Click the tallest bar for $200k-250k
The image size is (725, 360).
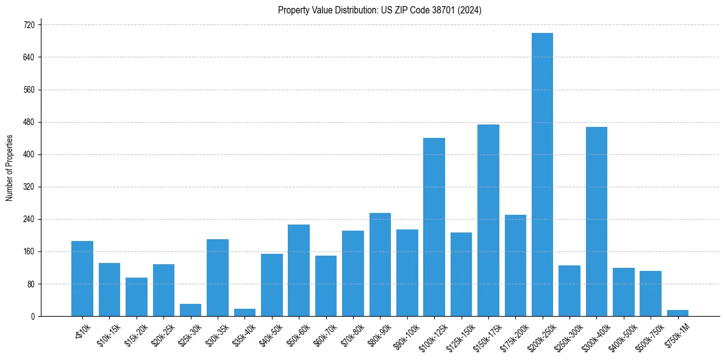coord(542,175)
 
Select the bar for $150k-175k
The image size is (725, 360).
coord(488,220)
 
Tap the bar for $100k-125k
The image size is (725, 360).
coord(434,227)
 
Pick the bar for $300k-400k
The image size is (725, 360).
coord(596,221)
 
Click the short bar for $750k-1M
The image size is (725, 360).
coord(677,313)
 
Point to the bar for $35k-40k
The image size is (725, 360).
coord(245,312)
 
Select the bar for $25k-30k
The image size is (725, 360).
coord(190,310)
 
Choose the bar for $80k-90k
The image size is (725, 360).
coord(380,265)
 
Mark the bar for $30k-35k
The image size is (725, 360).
coord(218,278)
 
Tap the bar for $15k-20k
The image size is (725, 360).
coord(137,297)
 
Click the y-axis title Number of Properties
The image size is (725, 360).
coord(10,167)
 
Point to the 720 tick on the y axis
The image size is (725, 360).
coord(29,25)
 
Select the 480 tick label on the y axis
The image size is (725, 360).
coord(29,122)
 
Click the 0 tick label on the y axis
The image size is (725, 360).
coord(33,316)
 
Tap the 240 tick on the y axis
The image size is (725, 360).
coord(29,219)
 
